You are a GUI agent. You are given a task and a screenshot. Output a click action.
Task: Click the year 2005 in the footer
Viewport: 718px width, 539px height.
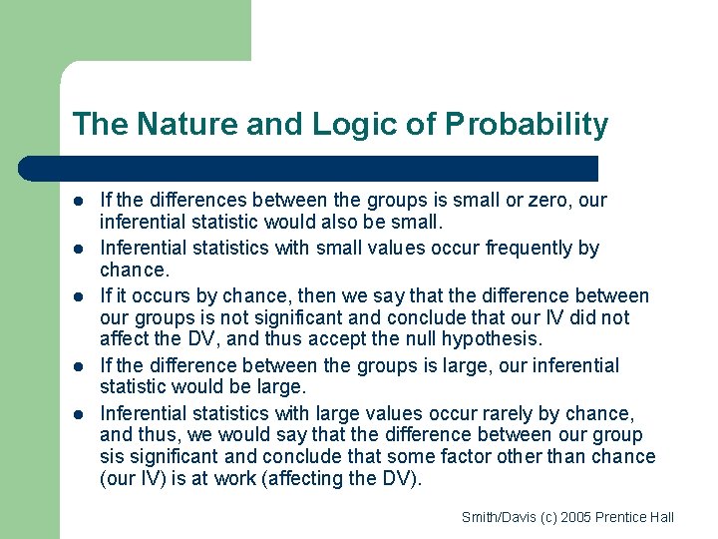[x=577, y=517]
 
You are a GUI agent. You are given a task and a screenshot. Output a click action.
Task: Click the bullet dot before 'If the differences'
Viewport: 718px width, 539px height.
[x=78, y=202]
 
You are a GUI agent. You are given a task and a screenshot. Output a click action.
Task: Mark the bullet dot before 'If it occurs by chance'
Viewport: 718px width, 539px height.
[x=78, y=297]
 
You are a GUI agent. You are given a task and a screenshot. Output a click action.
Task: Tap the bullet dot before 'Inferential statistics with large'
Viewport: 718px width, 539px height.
[x=78, y=414]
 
